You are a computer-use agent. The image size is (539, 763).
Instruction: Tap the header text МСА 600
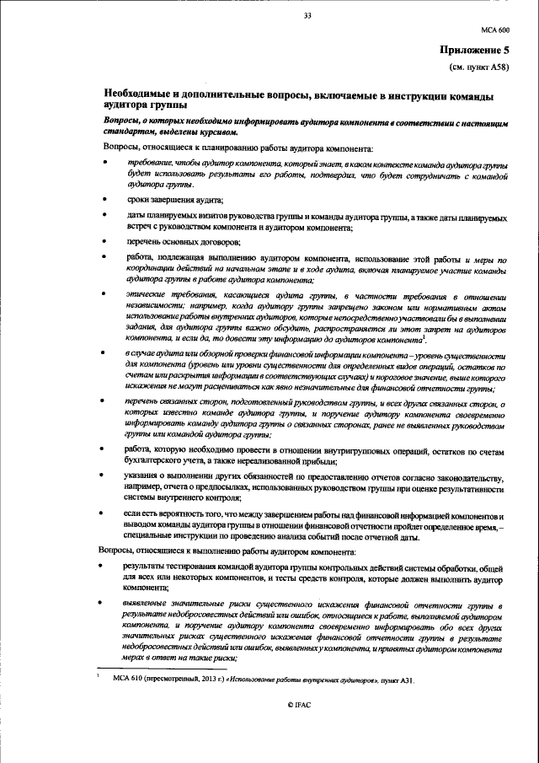click(x=495, y=29)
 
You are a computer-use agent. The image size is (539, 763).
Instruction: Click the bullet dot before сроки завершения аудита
click(x=106, y=200)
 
